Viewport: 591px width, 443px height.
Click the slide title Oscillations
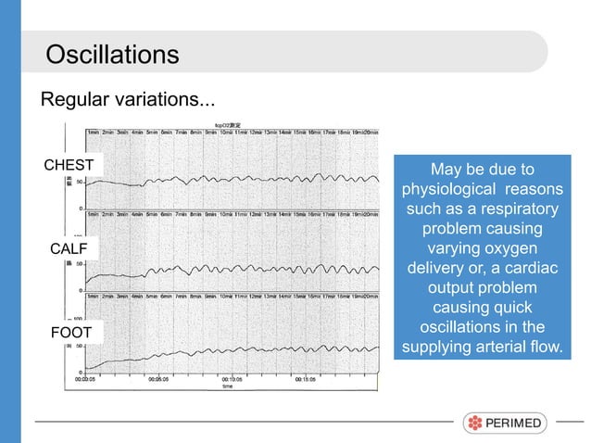click(112, 54)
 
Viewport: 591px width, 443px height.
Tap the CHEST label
click(69, 166)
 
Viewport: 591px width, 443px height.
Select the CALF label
click(69, 248)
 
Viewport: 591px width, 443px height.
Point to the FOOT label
click(69, 331)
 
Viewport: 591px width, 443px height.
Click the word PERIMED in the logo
click(516, 424)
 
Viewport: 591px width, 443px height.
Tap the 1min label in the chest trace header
click(93, 133)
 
